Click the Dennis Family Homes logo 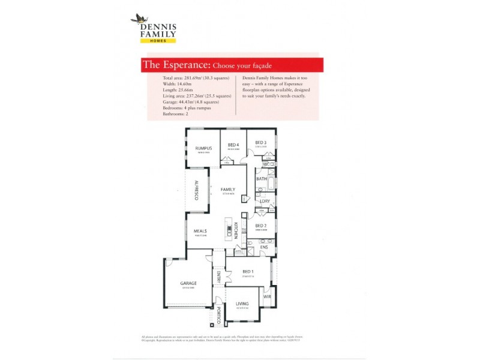point(153,28)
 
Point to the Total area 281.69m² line point(196,79)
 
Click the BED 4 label point(233,145)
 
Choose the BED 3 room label point(260,142)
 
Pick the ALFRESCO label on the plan point(196,190)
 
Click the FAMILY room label point(227,189)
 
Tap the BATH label point(262,179)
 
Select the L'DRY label point(265,201)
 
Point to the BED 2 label point(261,226)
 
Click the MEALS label point(200,230)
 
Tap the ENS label point(264,247)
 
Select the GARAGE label point(189,283)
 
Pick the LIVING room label point(242,304)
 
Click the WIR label point(267,296)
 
